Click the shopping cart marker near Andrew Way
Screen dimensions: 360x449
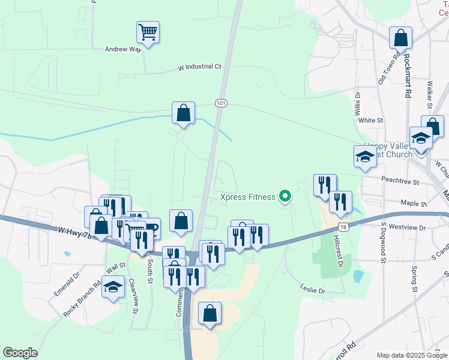[x=147, y=32]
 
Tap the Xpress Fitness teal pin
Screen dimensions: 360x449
[x=286, y=196]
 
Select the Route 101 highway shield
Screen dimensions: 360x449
[x=221, y=103]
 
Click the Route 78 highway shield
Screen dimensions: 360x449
[x=342, y=226]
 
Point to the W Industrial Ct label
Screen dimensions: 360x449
[x=199, y=67]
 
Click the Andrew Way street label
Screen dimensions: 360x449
[x=123, y=50]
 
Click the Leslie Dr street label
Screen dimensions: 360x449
[x=312, y=290]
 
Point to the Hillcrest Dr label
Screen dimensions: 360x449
[x=340, y=251]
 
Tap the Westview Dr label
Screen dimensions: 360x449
[x=407, y=228]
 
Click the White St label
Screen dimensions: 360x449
[x=370, y=120]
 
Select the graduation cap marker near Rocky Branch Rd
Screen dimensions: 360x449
[x=113, y=287]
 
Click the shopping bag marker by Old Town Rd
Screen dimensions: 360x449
[x=400, y=38]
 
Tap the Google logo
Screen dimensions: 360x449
[x=20, y=353]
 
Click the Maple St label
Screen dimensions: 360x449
[x=414, y=204]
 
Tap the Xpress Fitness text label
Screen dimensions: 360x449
[x=247, y=197]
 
